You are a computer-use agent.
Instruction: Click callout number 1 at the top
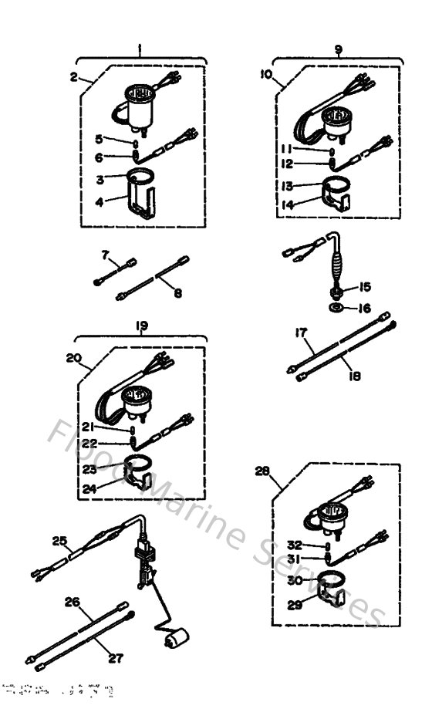[x=140, y=48]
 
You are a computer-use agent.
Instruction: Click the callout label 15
[x=364, y=287]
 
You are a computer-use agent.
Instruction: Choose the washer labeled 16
[x=337, y=308]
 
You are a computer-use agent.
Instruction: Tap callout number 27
[x=116, y=658]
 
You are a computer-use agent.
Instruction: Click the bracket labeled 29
[x=330, y=595]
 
